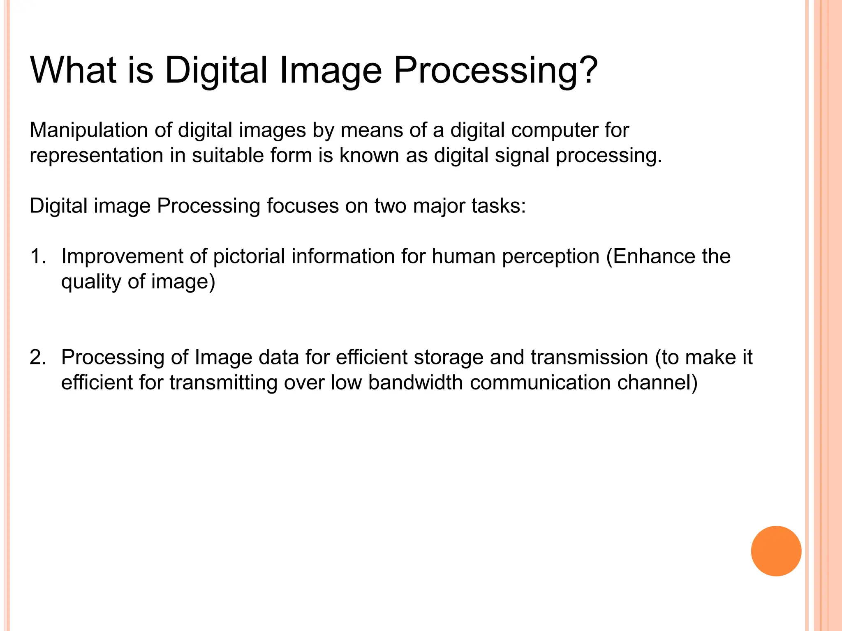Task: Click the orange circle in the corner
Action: [x=776, y=551]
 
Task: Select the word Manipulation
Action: [x=88, y=131]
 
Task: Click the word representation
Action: [x=97, y=156]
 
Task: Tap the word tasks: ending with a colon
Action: [x=499, y=206]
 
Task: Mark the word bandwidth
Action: [x=416, y=383]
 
